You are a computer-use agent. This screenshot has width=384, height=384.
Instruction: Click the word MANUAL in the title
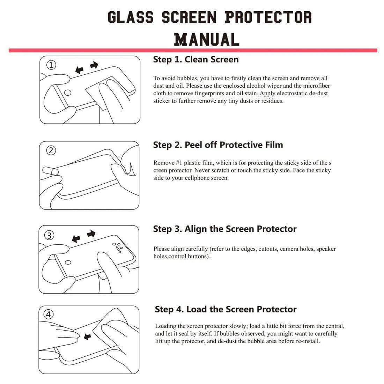point(207,39)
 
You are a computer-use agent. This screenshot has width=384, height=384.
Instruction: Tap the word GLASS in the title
point(131,17)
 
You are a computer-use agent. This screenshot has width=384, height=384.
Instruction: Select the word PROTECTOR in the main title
point(268,17)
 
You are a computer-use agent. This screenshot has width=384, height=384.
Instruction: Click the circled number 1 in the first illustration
point(51,65)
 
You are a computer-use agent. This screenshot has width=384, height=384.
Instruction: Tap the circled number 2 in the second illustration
point(51,150)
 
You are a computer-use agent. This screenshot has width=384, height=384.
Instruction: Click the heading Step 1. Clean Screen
point(195,60)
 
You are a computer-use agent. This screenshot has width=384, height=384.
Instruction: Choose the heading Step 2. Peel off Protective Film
point(218,145)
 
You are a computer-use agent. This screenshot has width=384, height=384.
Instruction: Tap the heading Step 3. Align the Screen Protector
point(224,229)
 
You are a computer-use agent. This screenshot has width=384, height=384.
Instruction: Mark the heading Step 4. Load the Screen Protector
point(226,309)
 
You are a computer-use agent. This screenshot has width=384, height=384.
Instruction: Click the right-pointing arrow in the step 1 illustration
point(94,65)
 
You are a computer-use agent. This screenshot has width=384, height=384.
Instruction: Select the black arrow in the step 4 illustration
point(87,337)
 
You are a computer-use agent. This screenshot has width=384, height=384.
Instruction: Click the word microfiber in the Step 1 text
point(316,86)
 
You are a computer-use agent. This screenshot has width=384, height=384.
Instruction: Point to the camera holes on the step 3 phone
point(117,246)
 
